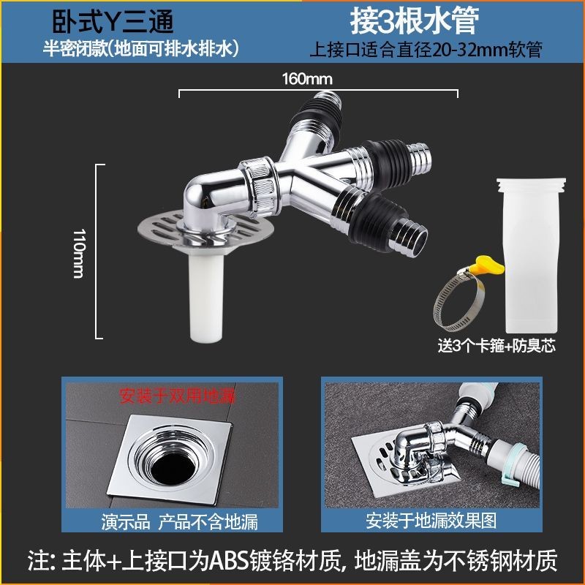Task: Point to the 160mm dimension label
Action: [x=307, y=79]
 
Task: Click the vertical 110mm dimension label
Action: [x=79, y=253]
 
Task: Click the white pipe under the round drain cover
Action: [x=206, y=297]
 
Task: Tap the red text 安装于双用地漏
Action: [x=177, y=396]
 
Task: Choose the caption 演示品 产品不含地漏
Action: [x=179, y=521]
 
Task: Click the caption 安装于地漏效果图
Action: [x=431, y=521]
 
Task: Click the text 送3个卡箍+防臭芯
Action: [x=497, y=346]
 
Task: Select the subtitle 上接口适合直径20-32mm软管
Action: [x=426, y=50]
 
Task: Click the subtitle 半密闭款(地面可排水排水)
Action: [x=140, y=49]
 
